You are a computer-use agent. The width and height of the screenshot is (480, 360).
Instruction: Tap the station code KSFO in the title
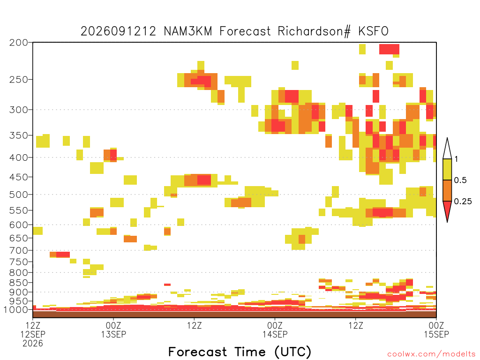[374, 31]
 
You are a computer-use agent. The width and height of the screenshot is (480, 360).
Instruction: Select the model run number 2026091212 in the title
[118, 31]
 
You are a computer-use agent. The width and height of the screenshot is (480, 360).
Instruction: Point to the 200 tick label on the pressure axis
[18, 43]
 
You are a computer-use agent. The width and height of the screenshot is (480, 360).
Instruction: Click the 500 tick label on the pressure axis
[18, 195]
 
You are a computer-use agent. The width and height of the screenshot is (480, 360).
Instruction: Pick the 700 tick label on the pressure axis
[18, 250]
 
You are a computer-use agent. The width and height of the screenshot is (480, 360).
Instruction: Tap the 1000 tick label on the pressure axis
[15, 310]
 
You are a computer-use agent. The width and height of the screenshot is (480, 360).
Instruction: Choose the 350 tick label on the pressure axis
[18, 135]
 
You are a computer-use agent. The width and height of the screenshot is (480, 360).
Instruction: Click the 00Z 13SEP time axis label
[113, 330]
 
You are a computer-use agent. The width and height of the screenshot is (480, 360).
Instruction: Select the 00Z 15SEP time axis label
[436, 330]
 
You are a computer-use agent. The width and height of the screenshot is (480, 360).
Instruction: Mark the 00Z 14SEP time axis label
[275, 330]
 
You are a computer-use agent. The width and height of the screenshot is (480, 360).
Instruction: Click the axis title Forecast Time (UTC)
[240, 352]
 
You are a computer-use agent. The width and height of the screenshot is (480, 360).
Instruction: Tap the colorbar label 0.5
[460, 180]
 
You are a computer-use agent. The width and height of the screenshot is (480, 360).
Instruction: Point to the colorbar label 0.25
[463, 201]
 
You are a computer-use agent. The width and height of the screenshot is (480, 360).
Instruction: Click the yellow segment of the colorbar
[447, 169]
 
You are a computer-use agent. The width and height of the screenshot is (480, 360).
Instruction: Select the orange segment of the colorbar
[447, 190]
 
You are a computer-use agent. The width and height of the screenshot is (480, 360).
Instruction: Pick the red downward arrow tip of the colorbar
[447, 222]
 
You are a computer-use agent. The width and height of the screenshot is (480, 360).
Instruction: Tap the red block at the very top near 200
[389, 49]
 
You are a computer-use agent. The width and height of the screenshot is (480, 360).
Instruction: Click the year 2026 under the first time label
[33, 344]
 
